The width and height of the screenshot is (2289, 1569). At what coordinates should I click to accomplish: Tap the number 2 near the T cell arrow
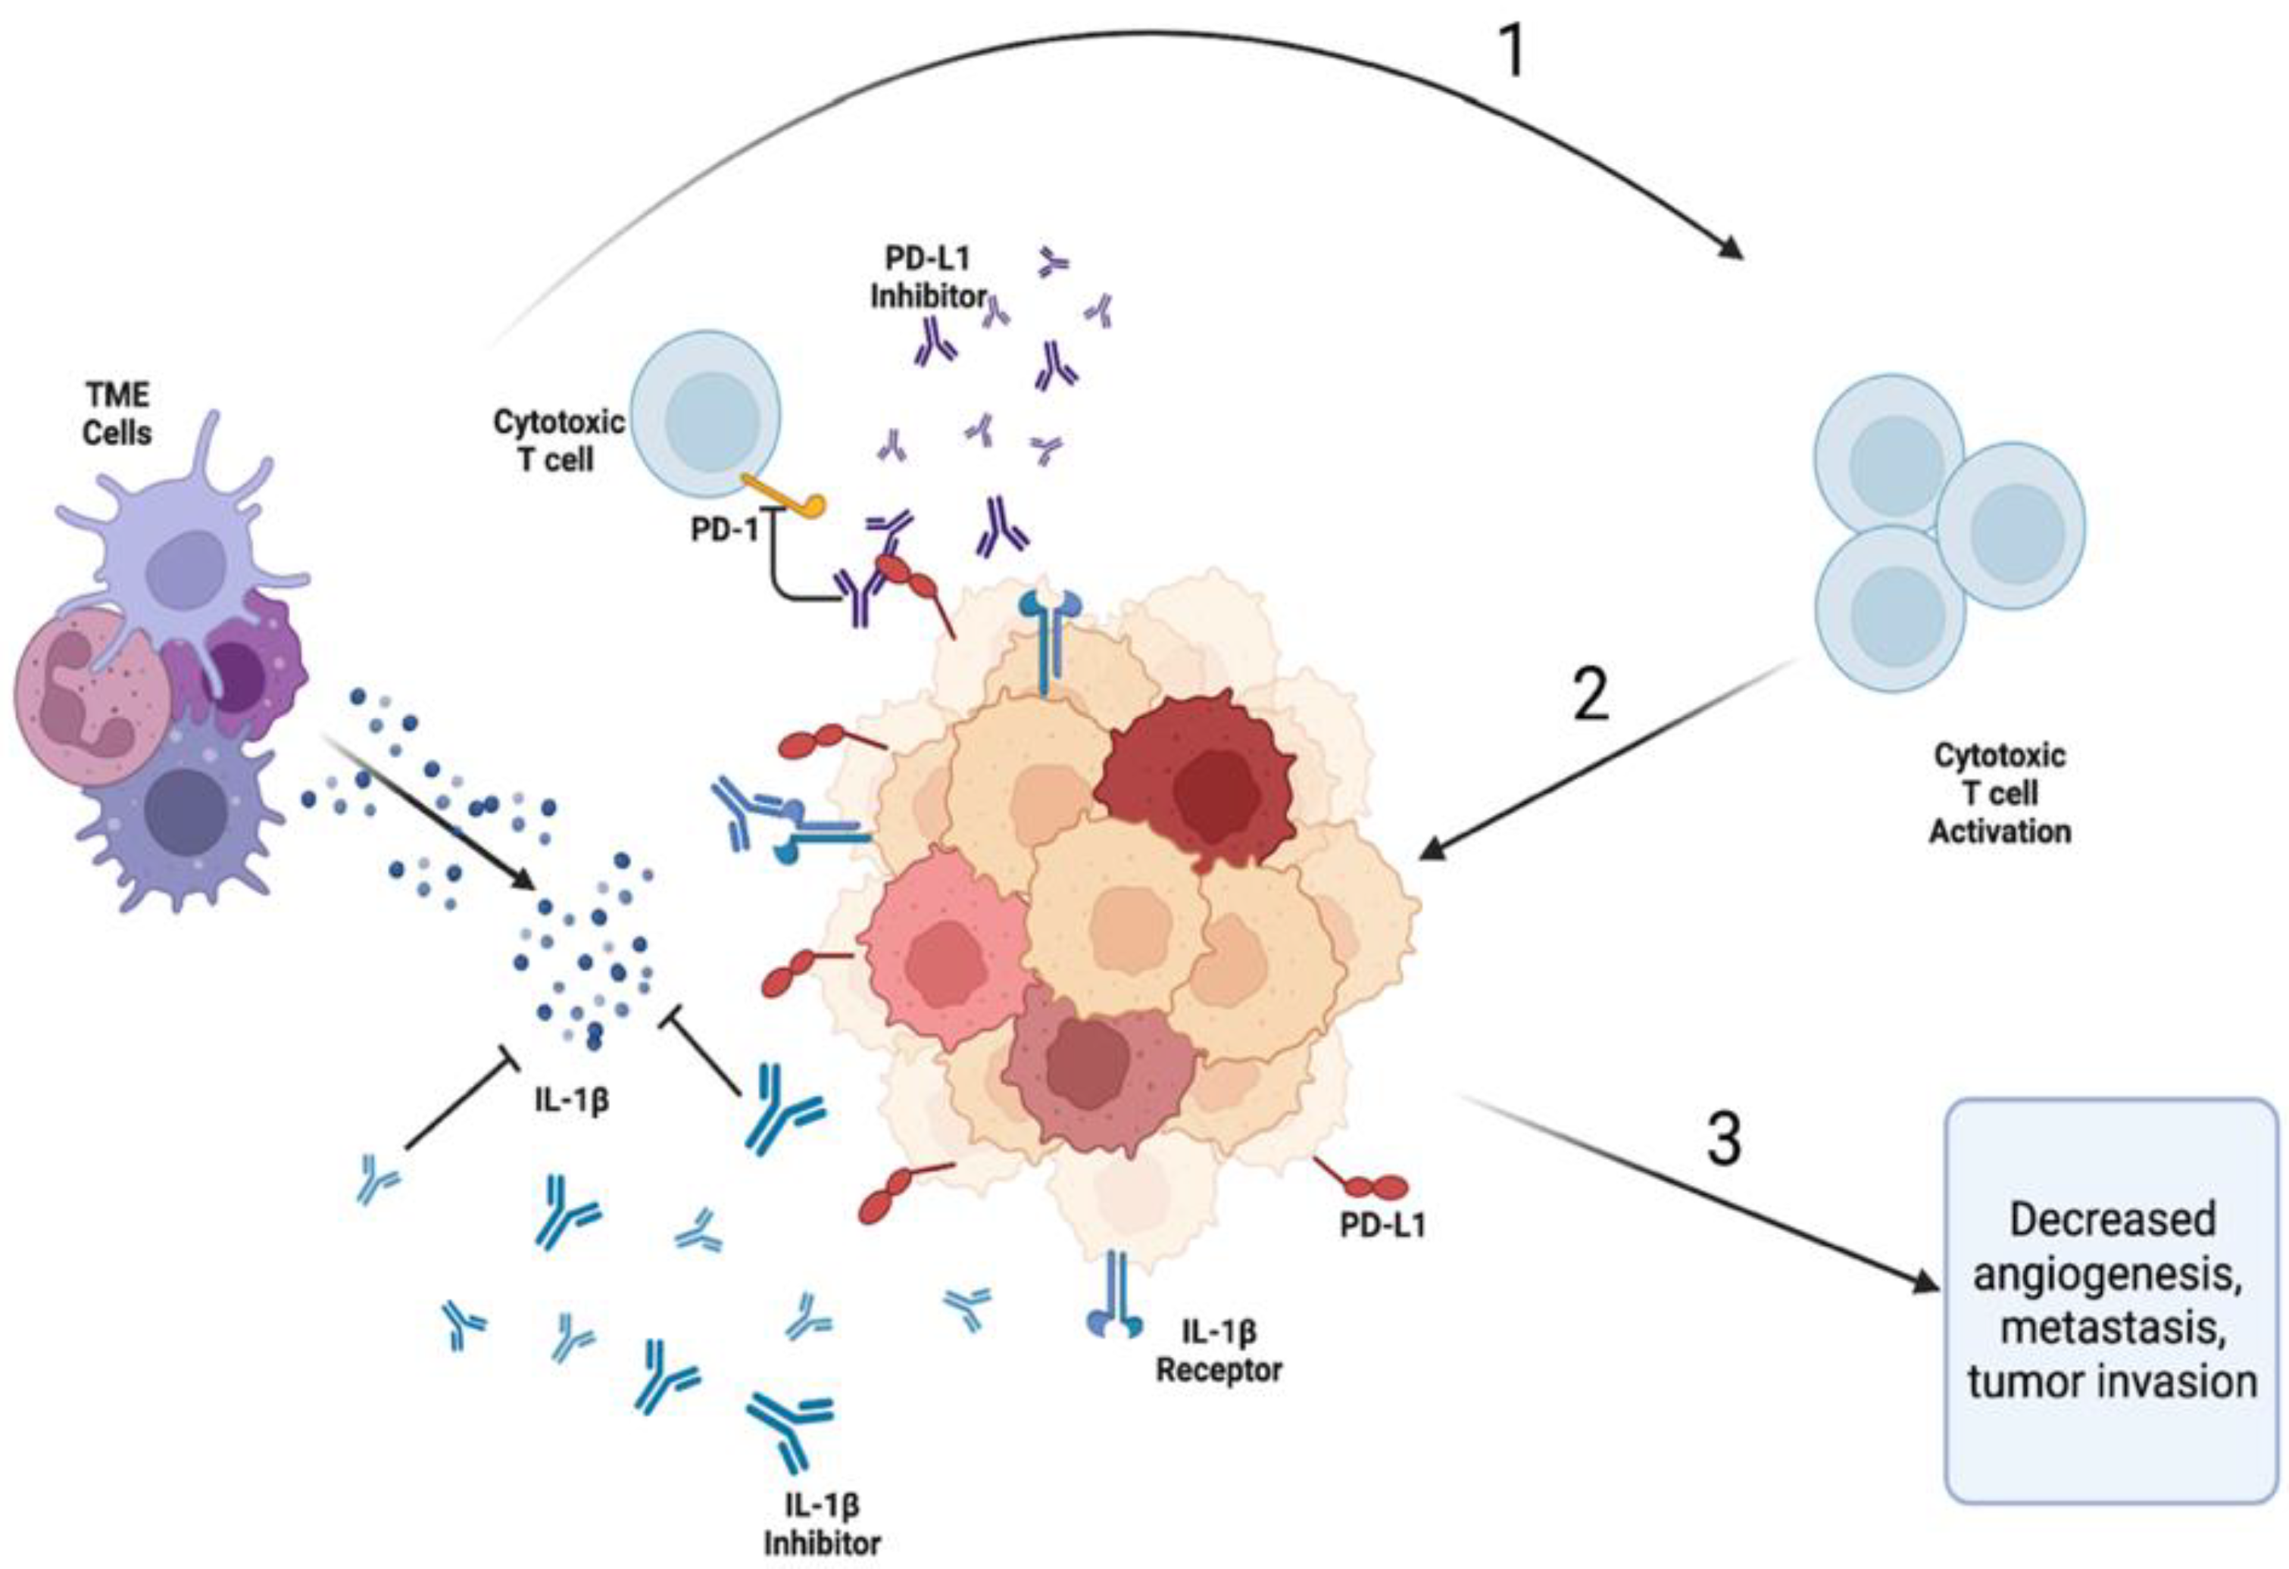tap(1591, 694)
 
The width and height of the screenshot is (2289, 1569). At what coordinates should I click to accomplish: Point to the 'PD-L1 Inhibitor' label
tap(928, 276)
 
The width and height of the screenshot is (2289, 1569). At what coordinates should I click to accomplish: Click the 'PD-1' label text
tap(725, 530)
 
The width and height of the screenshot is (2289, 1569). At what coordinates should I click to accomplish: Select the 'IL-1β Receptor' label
tap(1219, 1352)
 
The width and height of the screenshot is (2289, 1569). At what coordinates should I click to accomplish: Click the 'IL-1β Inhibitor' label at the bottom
tap(821, 1523)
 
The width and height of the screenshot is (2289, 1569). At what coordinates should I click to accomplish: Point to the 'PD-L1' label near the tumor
tap(1382, 1224)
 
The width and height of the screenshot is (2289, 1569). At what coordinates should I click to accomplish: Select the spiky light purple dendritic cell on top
tap(187, 551)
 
